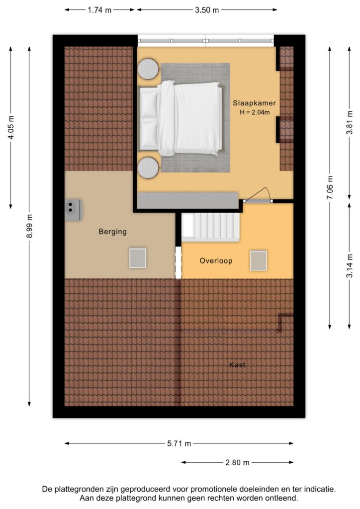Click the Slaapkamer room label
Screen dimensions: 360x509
pos(254,103)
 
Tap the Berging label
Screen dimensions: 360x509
pos(113,232)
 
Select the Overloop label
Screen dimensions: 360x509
pos(216,260)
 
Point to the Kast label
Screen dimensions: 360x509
pos(237,365)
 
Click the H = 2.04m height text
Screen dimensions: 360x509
pos(255,113)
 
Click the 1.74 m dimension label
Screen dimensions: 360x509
pos(99,10)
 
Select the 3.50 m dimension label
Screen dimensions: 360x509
pos(207,10)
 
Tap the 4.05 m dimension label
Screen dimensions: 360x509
pos(11,127)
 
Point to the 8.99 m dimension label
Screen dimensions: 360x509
pos(29,226)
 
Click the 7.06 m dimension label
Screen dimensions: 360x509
pos(330,187)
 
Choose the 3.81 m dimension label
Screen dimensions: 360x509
pos(350,122)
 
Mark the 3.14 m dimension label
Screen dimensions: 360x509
pos(350,266)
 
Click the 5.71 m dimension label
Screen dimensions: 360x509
pos(179,443)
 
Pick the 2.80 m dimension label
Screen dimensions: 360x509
pos(237,463)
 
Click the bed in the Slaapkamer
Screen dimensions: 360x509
pos(181,118)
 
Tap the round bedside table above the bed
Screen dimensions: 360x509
pos(148,69)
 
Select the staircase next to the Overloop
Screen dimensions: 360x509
pos(210,227)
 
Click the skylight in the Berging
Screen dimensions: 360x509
pos(138,258)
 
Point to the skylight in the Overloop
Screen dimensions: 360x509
pos(259,260)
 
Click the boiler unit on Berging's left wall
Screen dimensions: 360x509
pos(73,210)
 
